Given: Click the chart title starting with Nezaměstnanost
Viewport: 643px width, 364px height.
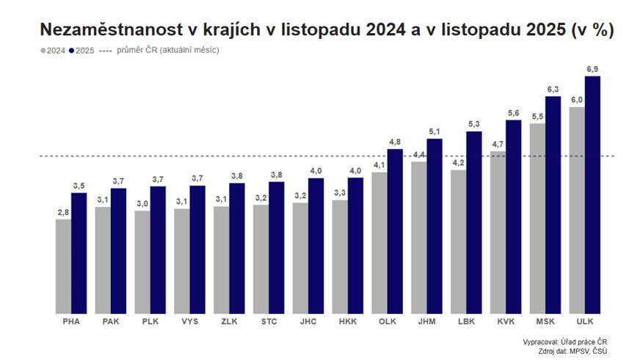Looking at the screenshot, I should pos(327,30).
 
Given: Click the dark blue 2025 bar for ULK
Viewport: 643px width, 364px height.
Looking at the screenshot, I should pos(592,194).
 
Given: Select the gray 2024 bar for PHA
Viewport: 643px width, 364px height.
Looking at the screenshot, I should pos(63,266).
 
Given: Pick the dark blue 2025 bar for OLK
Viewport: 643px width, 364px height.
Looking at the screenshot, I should pos(395,230).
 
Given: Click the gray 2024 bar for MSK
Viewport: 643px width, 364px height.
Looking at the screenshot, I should pos(537,218).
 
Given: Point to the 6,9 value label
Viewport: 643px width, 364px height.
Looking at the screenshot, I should pos(593,69).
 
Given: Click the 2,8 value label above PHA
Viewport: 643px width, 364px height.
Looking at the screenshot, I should pos(63,212).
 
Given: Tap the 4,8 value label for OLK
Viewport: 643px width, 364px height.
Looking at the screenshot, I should pos(395,142).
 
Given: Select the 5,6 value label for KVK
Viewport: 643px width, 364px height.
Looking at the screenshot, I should pos(514,112).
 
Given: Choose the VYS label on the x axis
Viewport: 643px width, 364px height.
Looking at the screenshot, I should pos(189,321).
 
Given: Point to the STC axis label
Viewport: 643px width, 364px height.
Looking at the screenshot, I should pos(269,321).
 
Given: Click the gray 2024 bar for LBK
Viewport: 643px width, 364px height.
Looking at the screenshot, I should pos(458,241).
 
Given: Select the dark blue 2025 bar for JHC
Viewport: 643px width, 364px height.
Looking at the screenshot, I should pos(316,245).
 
